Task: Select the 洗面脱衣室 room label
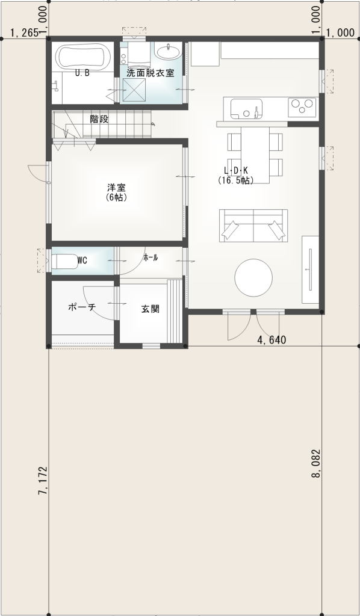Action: tap(151, 73)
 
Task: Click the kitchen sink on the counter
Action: tap(244, 108)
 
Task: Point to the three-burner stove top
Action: tap(303, 108)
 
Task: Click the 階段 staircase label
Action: tap(99, 119)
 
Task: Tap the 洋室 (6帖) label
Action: tap(117, 192)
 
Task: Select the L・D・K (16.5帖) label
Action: tap(236, 175)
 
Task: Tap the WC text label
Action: tap(82, 260)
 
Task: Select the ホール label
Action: tap(151, 257)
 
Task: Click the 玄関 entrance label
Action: tap(150, 309)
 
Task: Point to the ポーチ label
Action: tap(82, 307)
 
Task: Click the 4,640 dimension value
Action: tap(272, 340)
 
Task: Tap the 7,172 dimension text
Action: tap(43, 481)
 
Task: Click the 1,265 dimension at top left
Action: tap(25, 33)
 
